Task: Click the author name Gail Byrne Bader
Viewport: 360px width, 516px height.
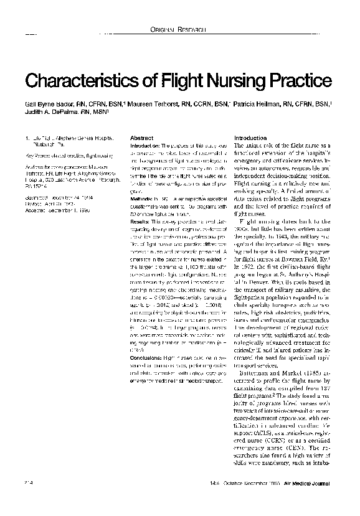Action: (49, 105)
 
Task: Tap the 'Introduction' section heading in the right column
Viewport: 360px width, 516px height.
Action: (250, 138)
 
